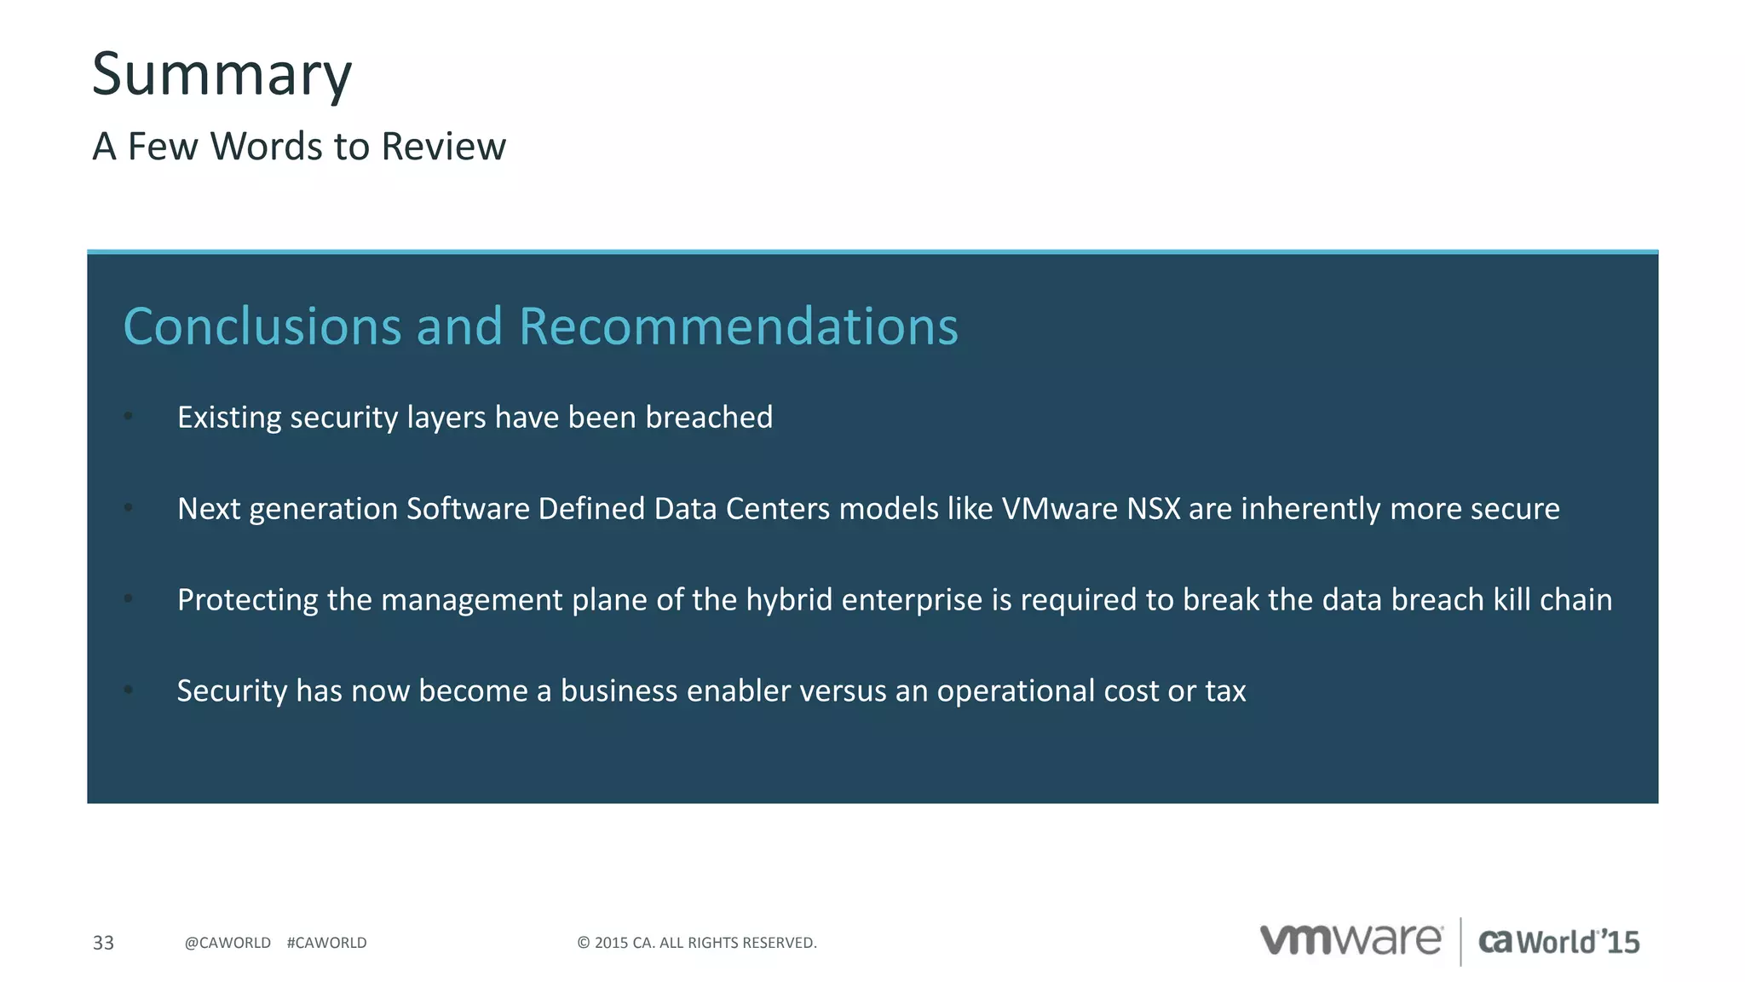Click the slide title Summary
222,75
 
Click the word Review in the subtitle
443,147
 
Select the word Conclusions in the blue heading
262,326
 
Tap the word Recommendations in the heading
738,326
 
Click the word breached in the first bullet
709,418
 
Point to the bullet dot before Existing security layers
129,417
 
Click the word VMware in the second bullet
1059,509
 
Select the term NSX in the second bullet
1154,509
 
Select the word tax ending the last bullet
1225,691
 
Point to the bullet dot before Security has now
129,690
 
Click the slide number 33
103,943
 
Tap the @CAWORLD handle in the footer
227,943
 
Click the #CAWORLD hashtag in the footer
327,943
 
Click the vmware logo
1351,940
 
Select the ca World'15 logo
1558,942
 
